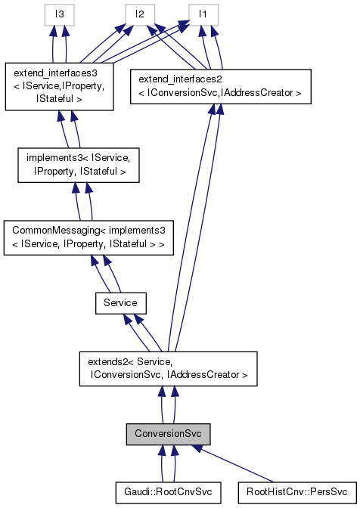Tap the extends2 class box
pos(169,367)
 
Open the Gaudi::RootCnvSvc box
pos(168,492)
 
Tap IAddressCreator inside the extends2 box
pos(213,373)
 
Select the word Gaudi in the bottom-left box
pos(138,492)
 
